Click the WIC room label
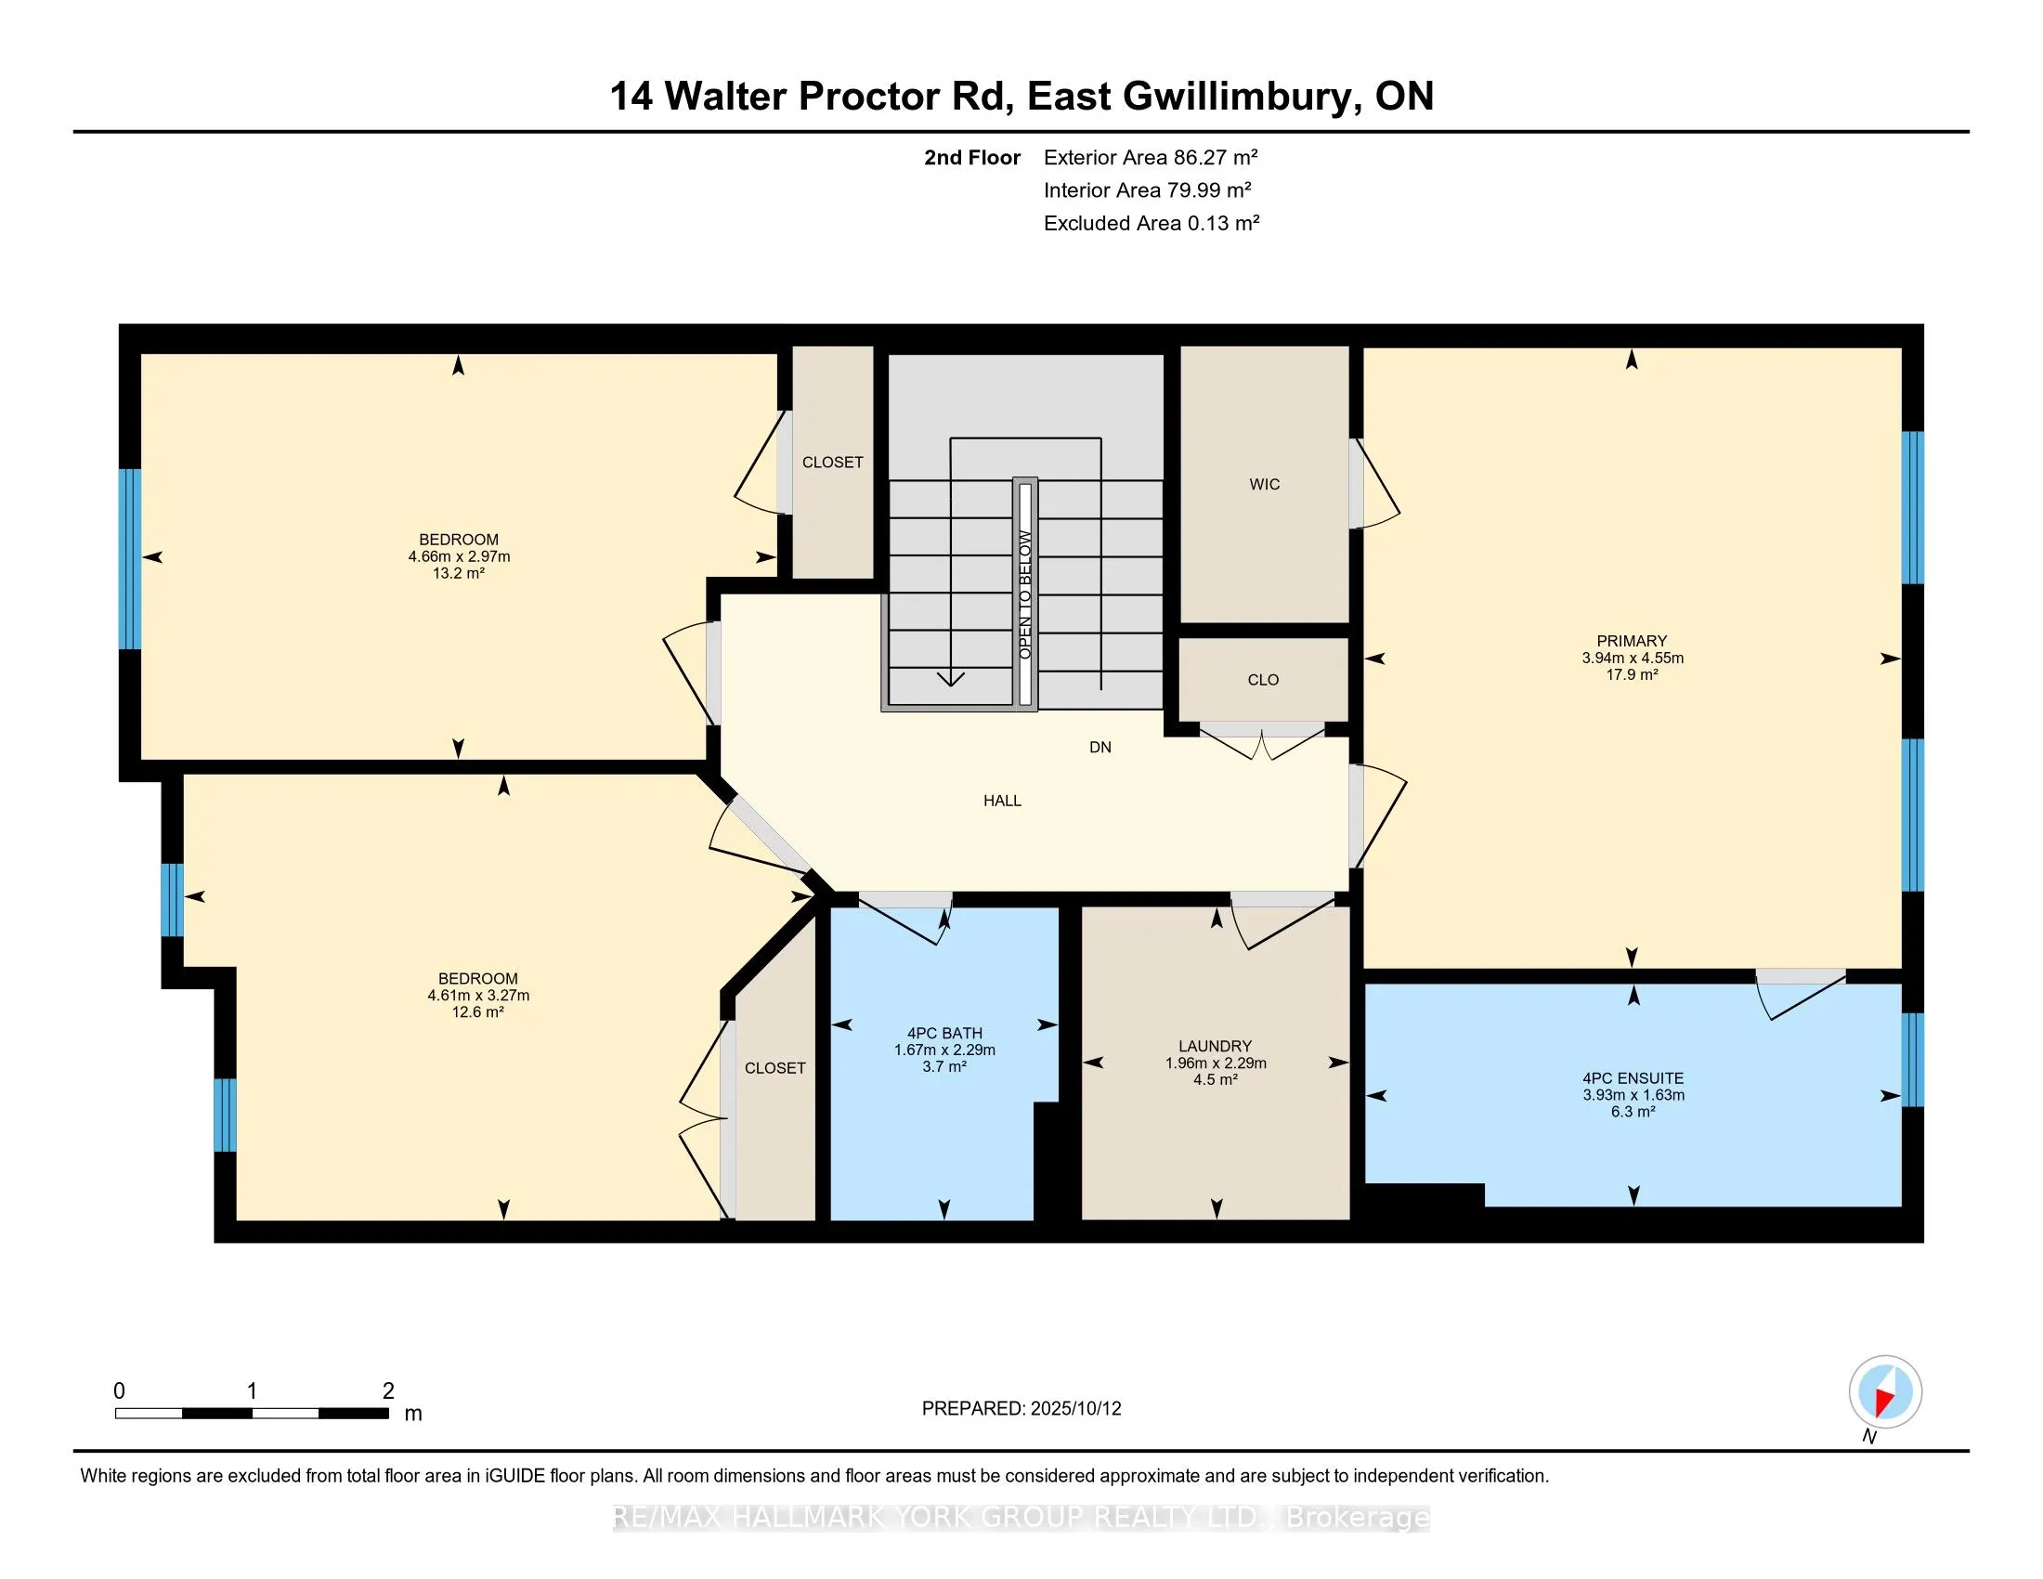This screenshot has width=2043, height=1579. [1264, 484]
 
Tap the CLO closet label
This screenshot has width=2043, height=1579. [1263, 680]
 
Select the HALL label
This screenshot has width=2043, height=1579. [1002, 801]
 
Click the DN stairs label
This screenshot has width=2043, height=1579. [1100, 748]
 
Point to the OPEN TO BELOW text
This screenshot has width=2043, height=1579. [1025, 594]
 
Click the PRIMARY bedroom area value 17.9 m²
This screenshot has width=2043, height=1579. [1633, 674]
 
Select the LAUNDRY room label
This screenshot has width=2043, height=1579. [1216, 1046]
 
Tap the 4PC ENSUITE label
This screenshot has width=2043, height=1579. [1633, 1077]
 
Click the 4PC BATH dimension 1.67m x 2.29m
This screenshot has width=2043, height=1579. [943, 1050]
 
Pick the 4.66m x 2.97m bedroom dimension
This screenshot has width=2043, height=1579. [459, 556]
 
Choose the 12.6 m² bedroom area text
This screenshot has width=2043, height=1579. [477, 1012]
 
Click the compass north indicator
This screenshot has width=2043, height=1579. [1885, 1392]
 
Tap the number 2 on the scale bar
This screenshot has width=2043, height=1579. [388, 1391]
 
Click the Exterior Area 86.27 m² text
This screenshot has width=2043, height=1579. [1151, 157]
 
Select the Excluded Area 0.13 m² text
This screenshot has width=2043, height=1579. [1152, 223]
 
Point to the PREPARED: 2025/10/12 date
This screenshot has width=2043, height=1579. [1021, 1409]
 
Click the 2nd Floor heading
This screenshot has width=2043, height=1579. [972, 157]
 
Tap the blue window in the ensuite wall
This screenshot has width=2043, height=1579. [1913, 1060]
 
